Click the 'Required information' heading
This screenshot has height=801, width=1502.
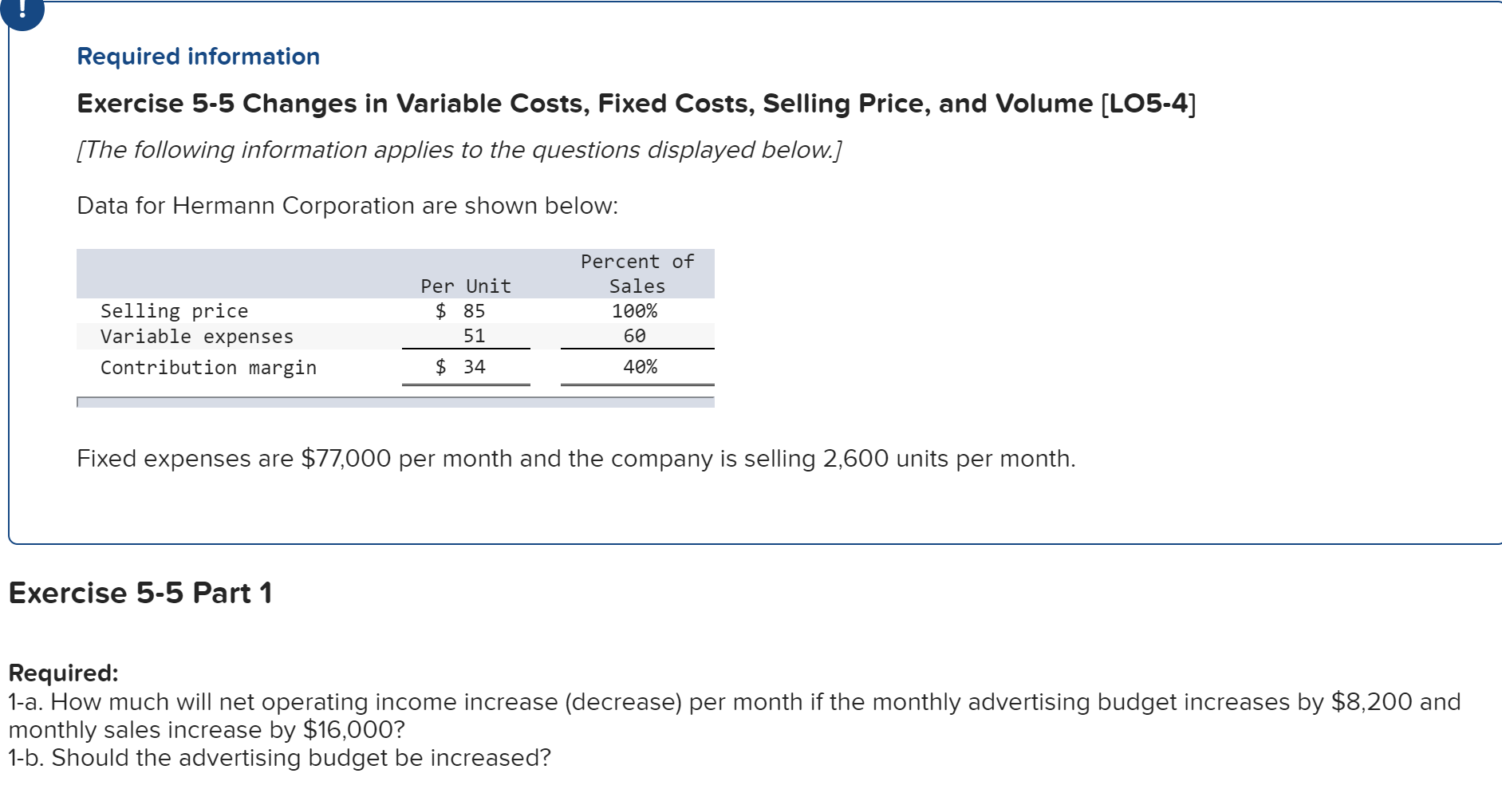coord(198,57)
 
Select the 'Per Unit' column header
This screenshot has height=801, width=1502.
coord(465,286)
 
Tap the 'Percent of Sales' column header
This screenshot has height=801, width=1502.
coord(637,274)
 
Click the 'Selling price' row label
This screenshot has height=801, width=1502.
coord(174,311)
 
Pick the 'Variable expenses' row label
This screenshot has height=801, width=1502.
coord(196,337)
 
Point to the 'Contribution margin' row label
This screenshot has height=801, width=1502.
coord(208,368)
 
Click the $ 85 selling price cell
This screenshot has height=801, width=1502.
coord(461,311)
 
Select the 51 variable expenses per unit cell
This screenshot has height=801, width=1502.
coord(474,337)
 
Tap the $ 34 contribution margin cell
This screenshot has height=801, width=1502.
coord(461,367)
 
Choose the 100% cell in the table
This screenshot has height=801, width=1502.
coord(634,311)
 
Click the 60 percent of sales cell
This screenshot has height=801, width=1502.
coord(634,337)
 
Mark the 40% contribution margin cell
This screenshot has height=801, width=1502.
coord(640,367)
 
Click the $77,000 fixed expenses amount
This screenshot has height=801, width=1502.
coord(345,459)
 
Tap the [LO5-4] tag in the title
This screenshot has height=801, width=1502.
coord(1148,104)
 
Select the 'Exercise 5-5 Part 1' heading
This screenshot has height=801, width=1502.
coord(140,593)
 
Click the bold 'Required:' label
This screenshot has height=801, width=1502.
coord(63,673)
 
